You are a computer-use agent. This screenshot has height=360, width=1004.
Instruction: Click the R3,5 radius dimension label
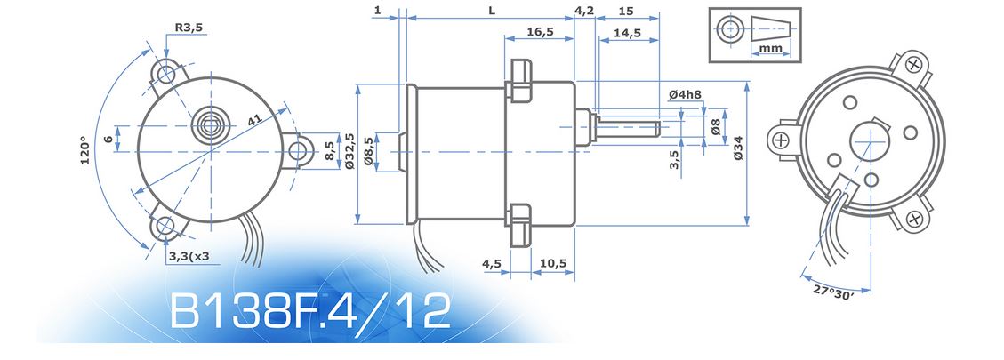pos(189,28)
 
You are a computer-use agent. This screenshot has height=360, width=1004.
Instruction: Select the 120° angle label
pos(86,150)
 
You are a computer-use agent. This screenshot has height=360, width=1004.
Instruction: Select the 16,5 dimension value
pos(540,31)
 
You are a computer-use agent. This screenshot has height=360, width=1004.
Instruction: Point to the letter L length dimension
pos(491,11)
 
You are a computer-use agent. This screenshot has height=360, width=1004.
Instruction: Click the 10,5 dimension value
pos(552,263)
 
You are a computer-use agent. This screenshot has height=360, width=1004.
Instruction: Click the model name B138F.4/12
pos(310,311)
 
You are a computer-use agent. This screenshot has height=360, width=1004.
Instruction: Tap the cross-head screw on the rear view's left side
pos(781,140)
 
